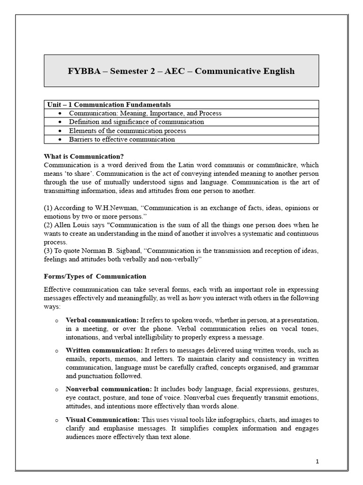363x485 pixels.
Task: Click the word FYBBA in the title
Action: (x=83, y=71)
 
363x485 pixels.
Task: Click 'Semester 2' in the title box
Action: (x=132, y=71)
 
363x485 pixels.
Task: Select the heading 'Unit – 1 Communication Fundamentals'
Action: (x=109, y=104)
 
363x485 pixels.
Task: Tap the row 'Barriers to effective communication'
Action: (x=121, y=139)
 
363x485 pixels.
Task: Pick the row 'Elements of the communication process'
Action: (x=127, y=131)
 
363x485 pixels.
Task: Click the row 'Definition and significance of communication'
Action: (x=136, y=122)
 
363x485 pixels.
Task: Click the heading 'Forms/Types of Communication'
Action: (x=95, y=276)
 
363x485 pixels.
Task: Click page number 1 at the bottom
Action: (x=318, y=461)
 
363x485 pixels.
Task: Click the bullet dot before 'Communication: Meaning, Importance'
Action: (x=59, y=114)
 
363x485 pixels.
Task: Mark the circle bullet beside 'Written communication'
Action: (x=56, y=351)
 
